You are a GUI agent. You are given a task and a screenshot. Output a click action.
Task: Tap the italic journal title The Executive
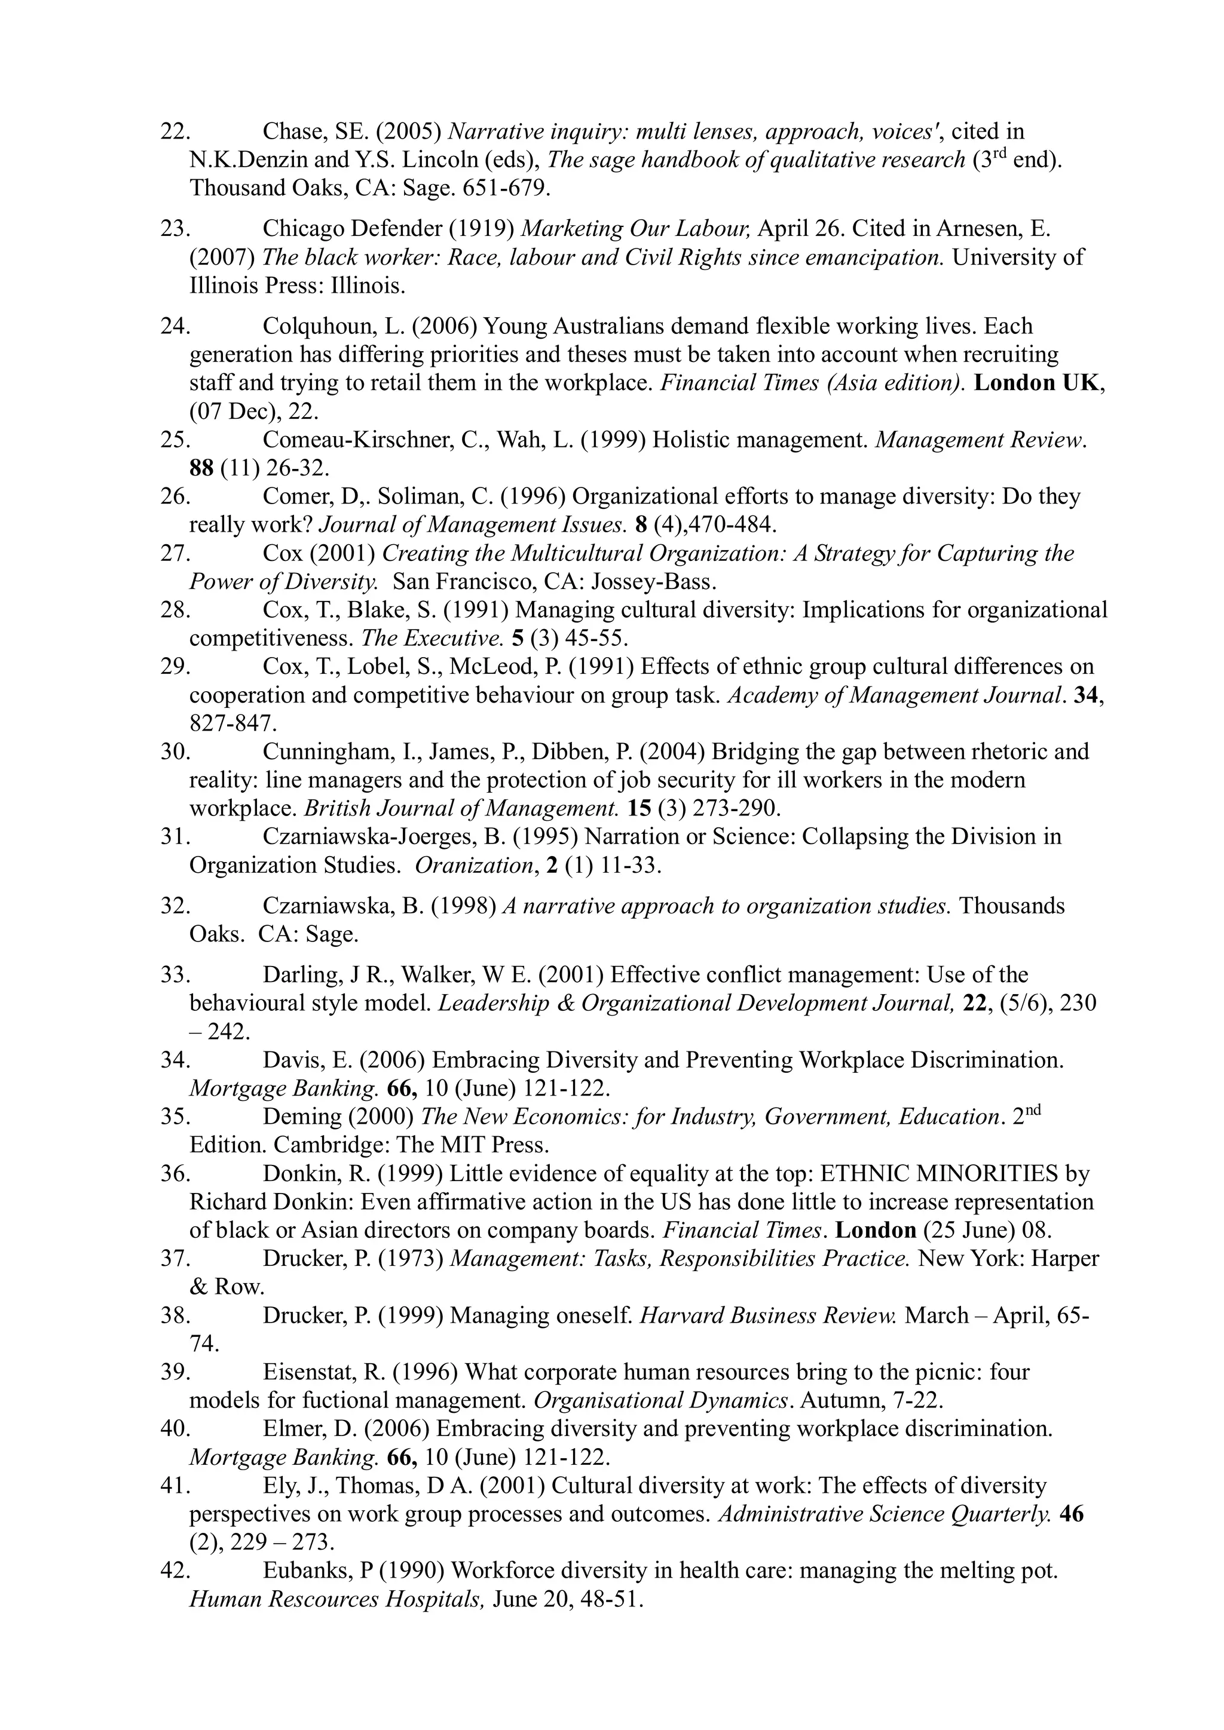point(432,639)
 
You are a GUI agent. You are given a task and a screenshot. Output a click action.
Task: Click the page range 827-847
point(233,724)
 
